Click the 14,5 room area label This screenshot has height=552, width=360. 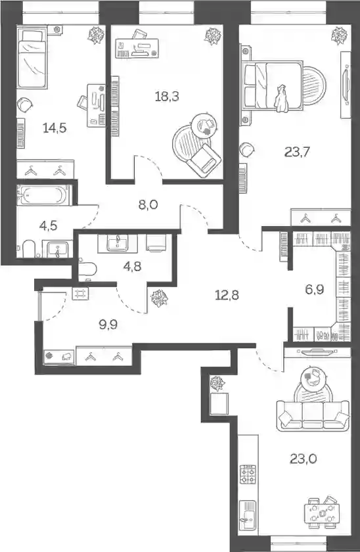55,128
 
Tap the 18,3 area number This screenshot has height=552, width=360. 167,96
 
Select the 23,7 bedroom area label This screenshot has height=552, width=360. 297,152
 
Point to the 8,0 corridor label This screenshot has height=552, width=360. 148,204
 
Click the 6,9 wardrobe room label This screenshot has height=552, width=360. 314,290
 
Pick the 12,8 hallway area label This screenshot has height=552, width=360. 227,295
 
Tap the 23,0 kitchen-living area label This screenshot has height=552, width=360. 304,459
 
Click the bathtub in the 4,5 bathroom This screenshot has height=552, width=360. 44,195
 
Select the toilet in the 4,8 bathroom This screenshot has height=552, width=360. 87,269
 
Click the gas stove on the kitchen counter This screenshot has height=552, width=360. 248,474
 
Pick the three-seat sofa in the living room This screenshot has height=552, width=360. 313,416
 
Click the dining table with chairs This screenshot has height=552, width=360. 322,513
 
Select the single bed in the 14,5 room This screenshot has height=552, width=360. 32,58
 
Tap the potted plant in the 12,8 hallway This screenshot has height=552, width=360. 160,298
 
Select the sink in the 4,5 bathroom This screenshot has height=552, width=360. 58,248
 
